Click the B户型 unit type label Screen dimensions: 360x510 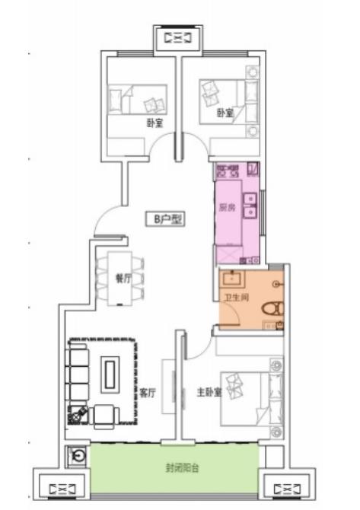click(164, 219)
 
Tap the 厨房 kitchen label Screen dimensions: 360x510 click(228, 207)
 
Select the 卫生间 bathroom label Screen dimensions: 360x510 click(237, 297)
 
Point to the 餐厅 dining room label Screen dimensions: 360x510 click(124, 279)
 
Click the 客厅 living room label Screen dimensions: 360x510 click(148, 393)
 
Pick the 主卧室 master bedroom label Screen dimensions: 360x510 click(209, 392)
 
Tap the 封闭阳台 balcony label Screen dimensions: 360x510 click(182, 468)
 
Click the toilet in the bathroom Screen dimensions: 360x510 click(272, 308)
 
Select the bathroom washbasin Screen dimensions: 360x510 click(231, 279)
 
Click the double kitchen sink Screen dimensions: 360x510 click(250, 206)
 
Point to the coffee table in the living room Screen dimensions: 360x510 click(110, 375)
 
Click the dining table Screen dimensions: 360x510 click(119, 279)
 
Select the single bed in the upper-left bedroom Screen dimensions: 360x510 click(137, 100)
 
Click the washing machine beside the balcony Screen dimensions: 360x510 click(78, 456)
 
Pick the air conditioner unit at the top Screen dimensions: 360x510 click(178, 38)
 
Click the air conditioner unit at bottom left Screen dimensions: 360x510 click(62, 489)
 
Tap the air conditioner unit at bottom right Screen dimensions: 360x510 click(287, 489)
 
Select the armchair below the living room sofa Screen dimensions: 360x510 click(104, 416)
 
